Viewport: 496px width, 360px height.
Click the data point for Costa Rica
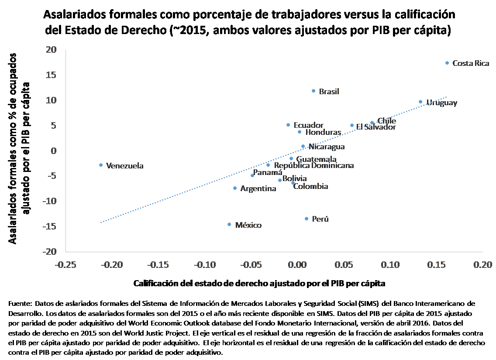(447, 63)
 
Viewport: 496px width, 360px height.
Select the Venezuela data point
(101, 165)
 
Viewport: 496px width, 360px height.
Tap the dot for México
(229, 224)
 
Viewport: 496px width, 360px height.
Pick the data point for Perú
(307, 219)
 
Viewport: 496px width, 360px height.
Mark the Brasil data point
(313, 91)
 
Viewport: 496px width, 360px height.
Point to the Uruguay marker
(420, 102)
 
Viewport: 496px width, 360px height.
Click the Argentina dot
(235, 188)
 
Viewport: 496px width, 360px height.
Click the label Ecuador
(308, 125)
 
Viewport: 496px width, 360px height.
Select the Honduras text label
(323, 132)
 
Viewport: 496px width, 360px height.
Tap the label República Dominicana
(313, 165)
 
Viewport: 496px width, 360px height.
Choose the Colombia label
(310, 186)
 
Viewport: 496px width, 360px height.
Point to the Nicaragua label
(326, 147)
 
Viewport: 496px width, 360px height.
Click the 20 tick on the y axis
(52, 50)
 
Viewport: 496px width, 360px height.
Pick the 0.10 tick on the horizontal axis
(390, 264)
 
